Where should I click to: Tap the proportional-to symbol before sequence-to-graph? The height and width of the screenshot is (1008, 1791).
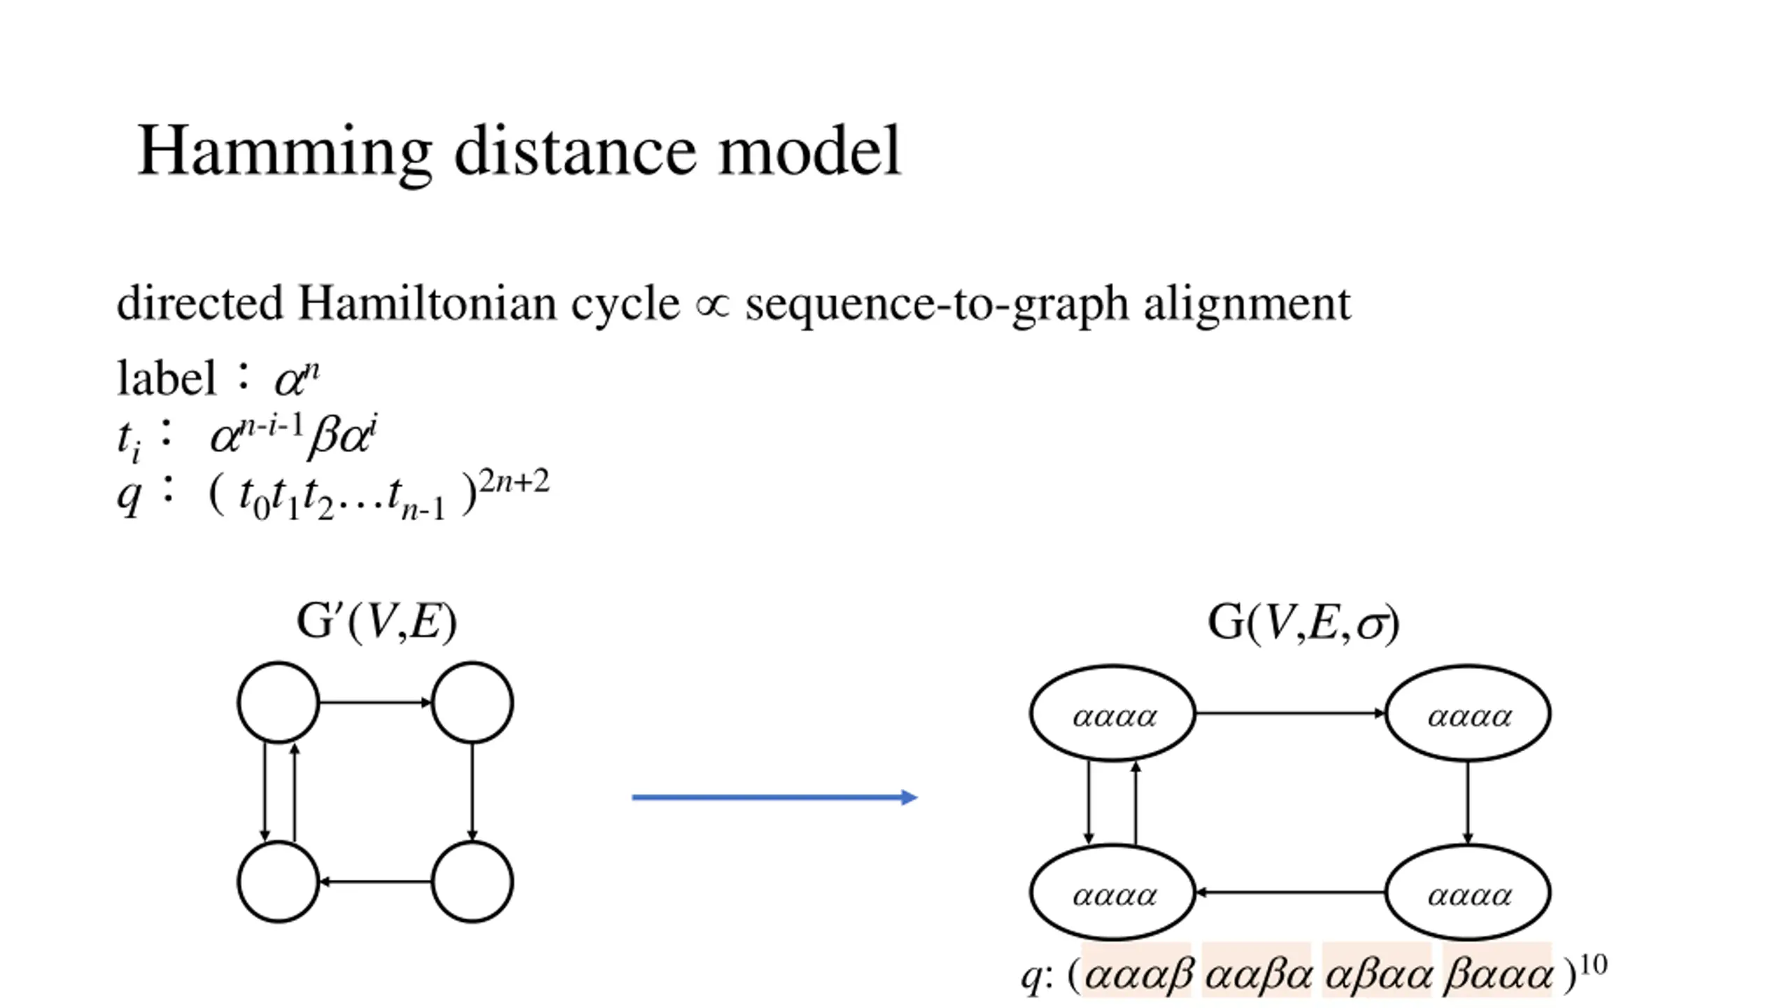click(x=712, y=305)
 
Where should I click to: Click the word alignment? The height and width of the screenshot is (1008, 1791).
click(x=1247, y=305)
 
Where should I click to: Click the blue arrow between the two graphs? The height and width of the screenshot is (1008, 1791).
click(x=774, y=797)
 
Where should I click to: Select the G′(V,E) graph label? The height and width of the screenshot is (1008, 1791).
click(x=376, y=621)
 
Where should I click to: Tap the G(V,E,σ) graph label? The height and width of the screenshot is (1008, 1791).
click(x=1303, y=622)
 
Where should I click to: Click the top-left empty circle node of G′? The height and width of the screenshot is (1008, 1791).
click(x=278, y=702)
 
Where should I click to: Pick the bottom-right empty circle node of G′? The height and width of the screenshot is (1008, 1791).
click(x=472, y=881)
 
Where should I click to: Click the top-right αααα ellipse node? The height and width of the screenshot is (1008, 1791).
click(x=1468, y=713)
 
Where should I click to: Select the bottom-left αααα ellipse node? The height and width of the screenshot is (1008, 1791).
click(x=1113, y=892)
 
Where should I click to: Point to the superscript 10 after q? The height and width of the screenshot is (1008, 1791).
click(x=1593, y=965)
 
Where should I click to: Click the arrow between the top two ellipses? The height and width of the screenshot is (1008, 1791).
click(x=1290, y=713)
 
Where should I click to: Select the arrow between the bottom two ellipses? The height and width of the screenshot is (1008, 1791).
click(x=1290, y=892)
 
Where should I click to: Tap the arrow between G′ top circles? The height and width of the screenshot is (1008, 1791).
click(x=376, y=702)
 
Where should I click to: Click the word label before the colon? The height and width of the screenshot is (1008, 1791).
click(x=167, y=378)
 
